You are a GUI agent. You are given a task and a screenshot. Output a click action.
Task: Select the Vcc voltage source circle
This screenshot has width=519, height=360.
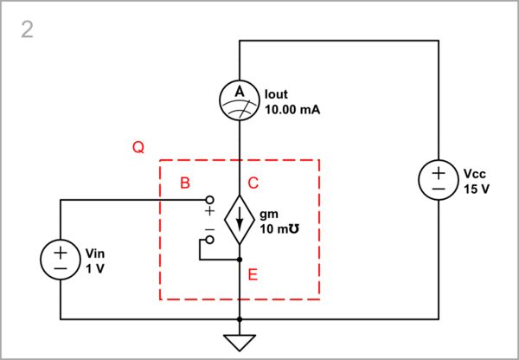(x=439, y=181)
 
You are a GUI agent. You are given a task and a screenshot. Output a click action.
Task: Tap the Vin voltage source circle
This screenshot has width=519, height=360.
(x=61, y=259)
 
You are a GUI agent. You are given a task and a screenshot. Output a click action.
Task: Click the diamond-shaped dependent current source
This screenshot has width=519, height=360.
(x=240, y=220)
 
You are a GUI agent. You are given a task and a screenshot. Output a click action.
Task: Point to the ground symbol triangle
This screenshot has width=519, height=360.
(x=240, y=343)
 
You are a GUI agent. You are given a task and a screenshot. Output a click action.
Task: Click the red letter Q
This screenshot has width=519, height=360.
(x=138, y=148)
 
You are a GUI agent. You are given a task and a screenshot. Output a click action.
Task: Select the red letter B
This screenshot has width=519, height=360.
(x=183, y=183)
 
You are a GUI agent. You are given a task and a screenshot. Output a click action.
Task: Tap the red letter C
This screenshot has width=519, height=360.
(x=253, y=183)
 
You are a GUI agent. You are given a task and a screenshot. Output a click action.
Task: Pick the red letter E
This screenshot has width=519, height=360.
(x=253, y=274)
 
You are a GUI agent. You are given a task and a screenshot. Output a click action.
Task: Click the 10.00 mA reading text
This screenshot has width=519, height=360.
(x=286, y=110)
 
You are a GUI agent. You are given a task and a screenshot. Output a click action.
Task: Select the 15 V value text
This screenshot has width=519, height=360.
(x=477, y=189)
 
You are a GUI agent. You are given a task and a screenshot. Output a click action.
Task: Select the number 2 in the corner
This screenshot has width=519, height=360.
(x=28, y=31)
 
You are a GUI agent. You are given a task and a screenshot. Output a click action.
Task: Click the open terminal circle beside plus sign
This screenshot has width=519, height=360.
(x=208, y=200)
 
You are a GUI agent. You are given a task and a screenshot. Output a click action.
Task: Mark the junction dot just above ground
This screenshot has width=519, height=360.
(x=240, y=318)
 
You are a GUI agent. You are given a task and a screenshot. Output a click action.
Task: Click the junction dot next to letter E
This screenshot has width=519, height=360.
(x=240, y=259)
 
